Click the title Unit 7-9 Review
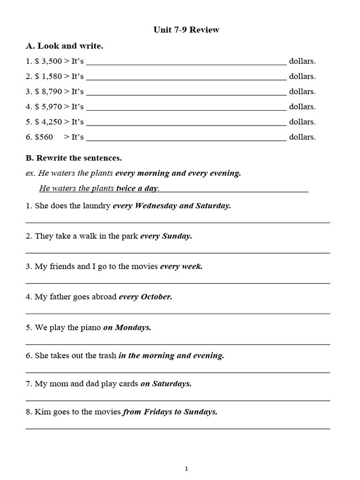186,30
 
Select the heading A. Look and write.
64,46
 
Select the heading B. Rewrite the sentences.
74,158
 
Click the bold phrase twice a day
137,188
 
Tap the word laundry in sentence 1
97,206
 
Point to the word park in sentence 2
128,236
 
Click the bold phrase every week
181,267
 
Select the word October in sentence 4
157,297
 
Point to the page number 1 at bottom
186,468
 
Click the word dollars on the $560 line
302,137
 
